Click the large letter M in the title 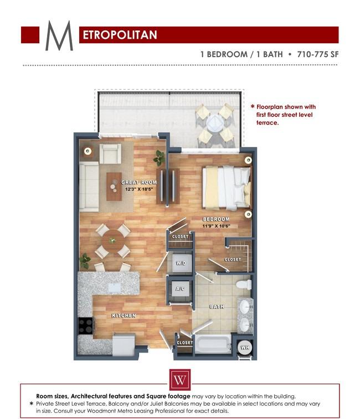(x=59, y=36)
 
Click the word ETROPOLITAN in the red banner (x=119, y=35)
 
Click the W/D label (x=181, y=263)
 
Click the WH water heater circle (x=244, y=348)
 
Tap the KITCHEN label (x=124, y=315)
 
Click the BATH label (x=216, y=306)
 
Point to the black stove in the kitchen (x=85, y=326)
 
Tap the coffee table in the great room (x=114, y=186)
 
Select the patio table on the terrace (x=214, y=123)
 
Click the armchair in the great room (x=110, y=153)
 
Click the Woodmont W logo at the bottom (x=179, y=381)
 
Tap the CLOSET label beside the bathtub (x=184, y=343)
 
